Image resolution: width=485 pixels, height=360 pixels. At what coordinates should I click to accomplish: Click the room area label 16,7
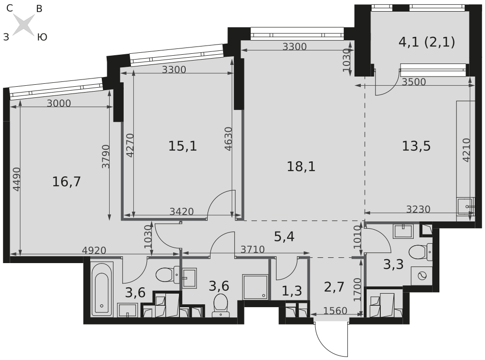(66, 181)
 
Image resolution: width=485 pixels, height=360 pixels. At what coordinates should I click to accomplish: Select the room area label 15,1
(182, 146)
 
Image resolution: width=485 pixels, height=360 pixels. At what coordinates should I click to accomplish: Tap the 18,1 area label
(301, 167)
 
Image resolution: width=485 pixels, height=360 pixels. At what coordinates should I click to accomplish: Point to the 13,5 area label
(416, 146)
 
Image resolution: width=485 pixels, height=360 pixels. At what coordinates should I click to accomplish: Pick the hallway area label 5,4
(284, 237)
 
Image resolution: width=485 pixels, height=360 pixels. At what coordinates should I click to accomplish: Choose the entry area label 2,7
(334, 287)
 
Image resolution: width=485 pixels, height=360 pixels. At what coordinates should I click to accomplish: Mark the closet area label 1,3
(292, 291)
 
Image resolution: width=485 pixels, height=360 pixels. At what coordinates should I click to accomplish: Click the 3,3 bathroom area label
(393, 265)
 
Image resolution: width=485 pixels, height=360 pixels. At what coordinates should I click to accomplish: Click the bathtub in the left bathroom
(102, 289)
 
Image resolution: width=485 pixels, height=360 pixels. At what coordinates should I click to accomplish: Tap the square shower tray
(255, 286)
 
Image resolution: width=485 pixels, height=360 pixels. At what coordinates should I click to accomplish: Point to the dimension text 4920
(94, 250)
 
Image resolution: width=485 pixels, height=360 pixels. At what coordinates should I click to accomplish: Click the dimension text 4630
(228, 139)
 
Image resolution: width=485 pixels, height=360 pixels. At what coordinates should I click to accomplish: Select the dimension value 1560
(335, 310)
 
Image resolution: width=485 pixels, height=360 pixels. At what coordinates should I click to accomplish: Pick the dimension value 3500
(414, 81)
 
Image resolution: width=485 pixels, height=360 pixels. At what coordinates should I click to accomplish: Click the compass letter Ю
(42, 37)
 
